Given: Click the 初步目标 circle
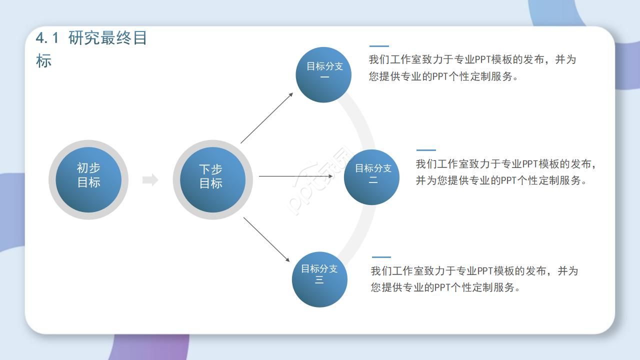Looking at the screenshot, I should point(88,179).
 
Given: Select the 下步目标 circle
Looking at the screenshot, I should point(212,179).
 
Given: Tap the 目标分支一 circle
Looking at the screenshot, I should point(324,75).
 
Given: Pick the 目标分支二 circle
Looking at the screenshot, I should point(371,177).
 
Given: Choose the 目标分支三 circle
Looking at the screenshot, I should point(319,279).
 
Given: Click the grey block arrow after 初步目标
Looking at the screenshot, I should point(150,180).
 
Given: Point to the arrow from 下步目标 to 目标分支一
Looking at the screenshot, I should point(266,118).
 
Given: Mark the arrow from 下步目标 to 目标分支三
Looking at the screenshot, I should point(266,239).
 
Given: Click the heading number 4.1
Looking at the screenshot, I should point(47,38).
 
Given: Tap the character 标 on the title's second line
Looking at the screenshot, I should point(44,61).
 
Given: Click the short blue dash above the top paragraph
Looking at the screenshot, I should point(379,46).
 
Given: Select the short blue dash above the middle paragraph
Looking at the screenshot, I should point(426,150).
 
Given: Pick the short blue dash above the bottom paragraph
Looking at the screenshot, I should point(381,257).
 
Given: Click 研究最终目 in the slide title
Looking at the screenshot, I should point(107,38).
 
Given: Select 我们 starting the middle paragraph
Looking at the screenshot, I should point(426,164).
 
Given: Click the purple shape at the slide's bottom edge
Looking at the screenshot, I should point(150,347).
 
